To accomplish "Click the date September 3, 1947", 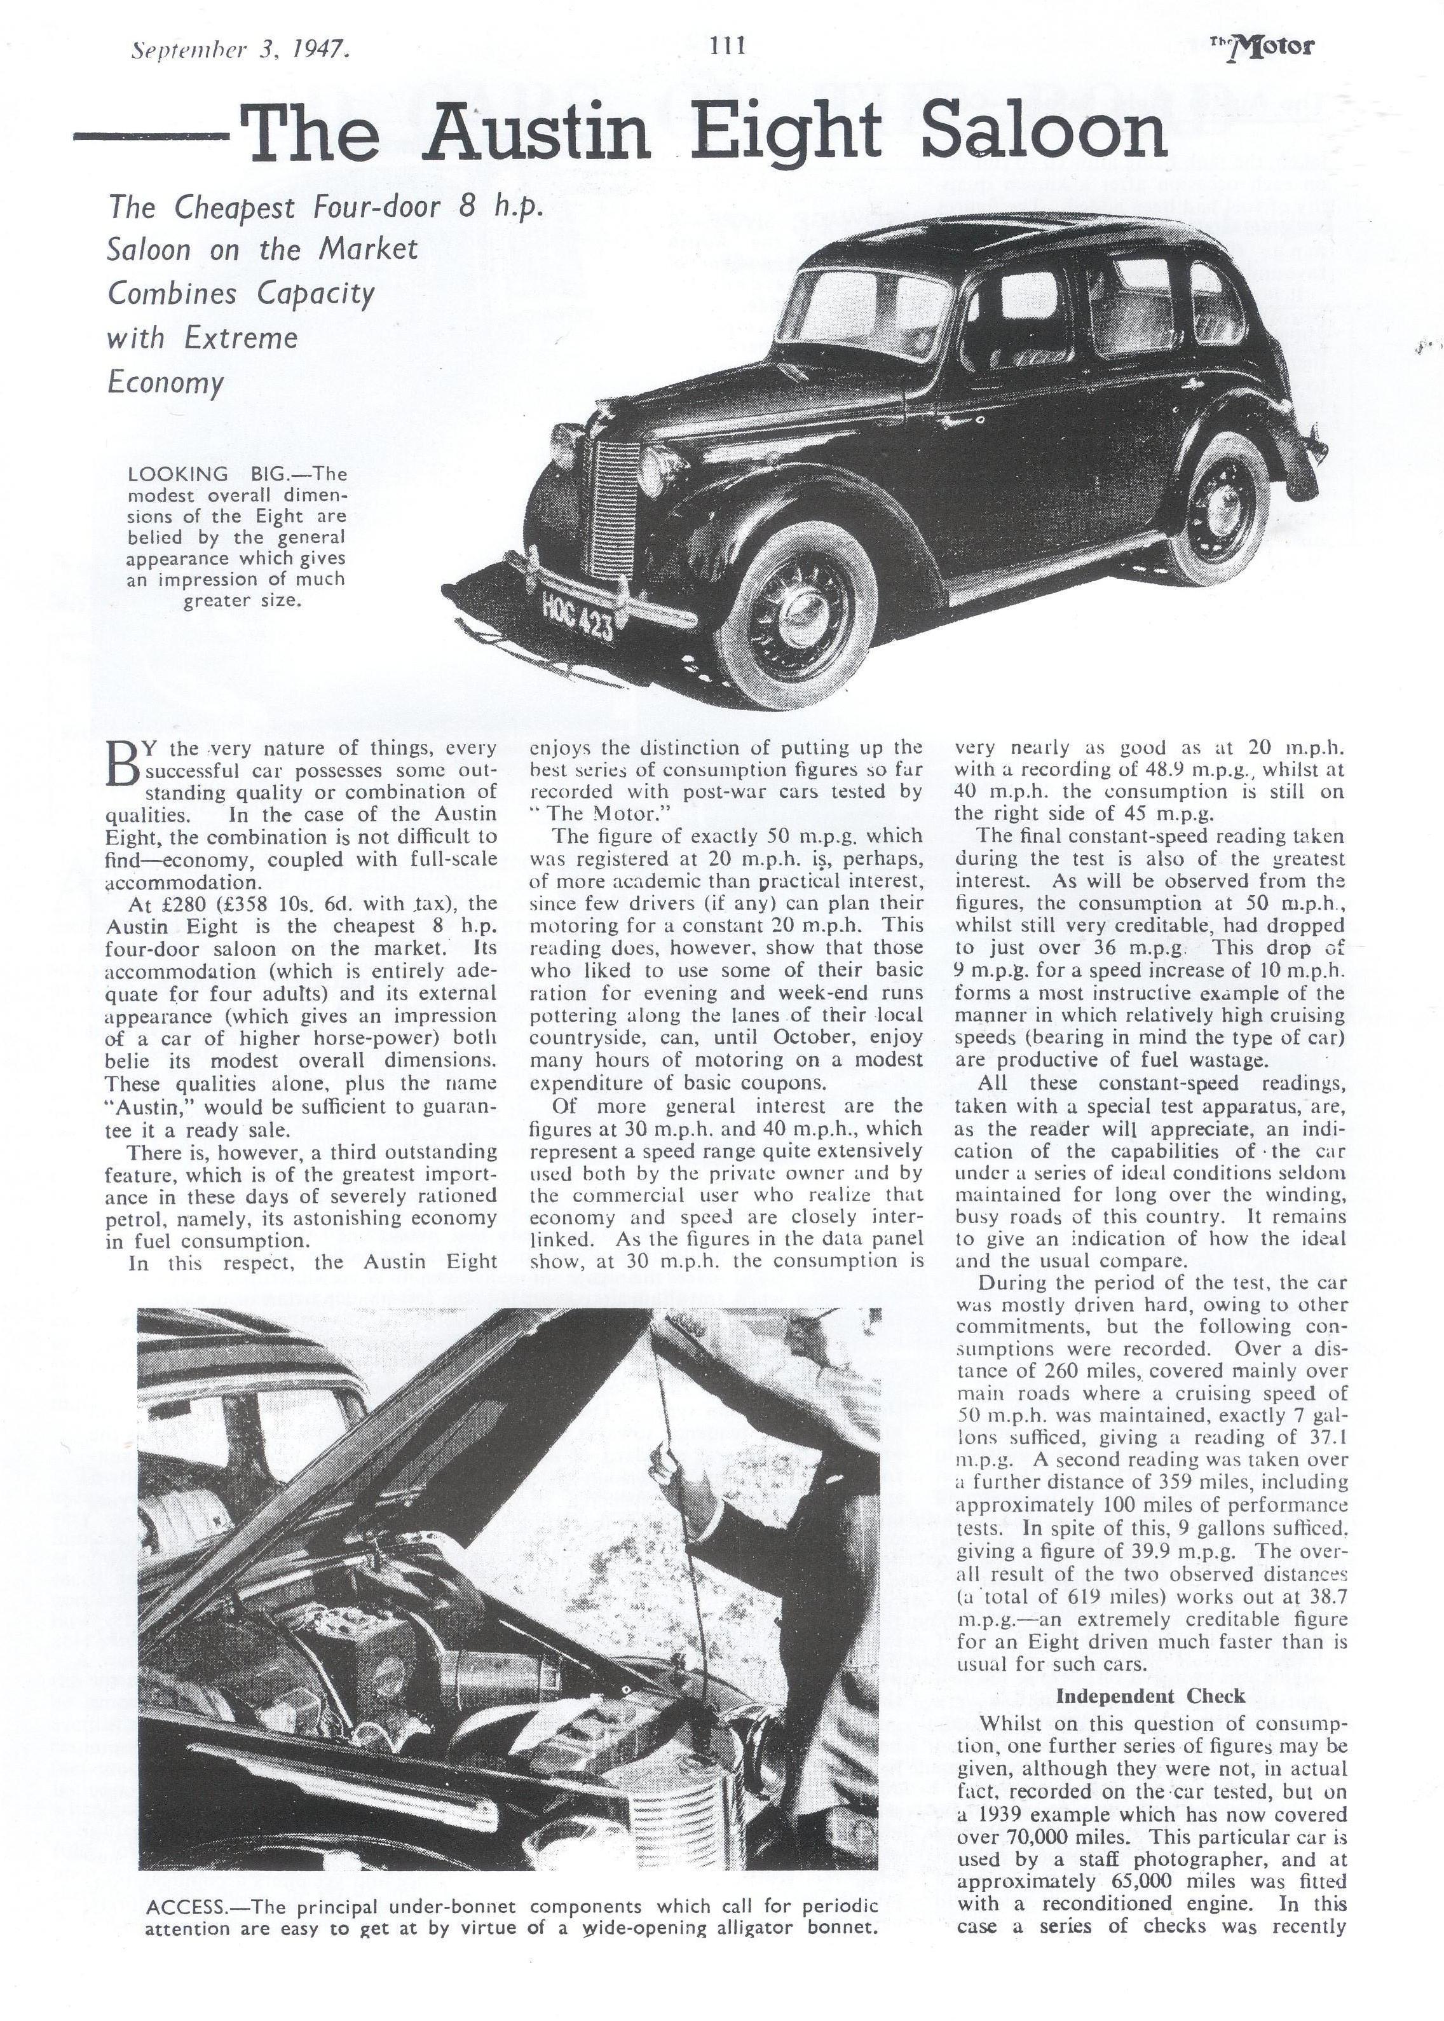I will pos(239,50).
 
